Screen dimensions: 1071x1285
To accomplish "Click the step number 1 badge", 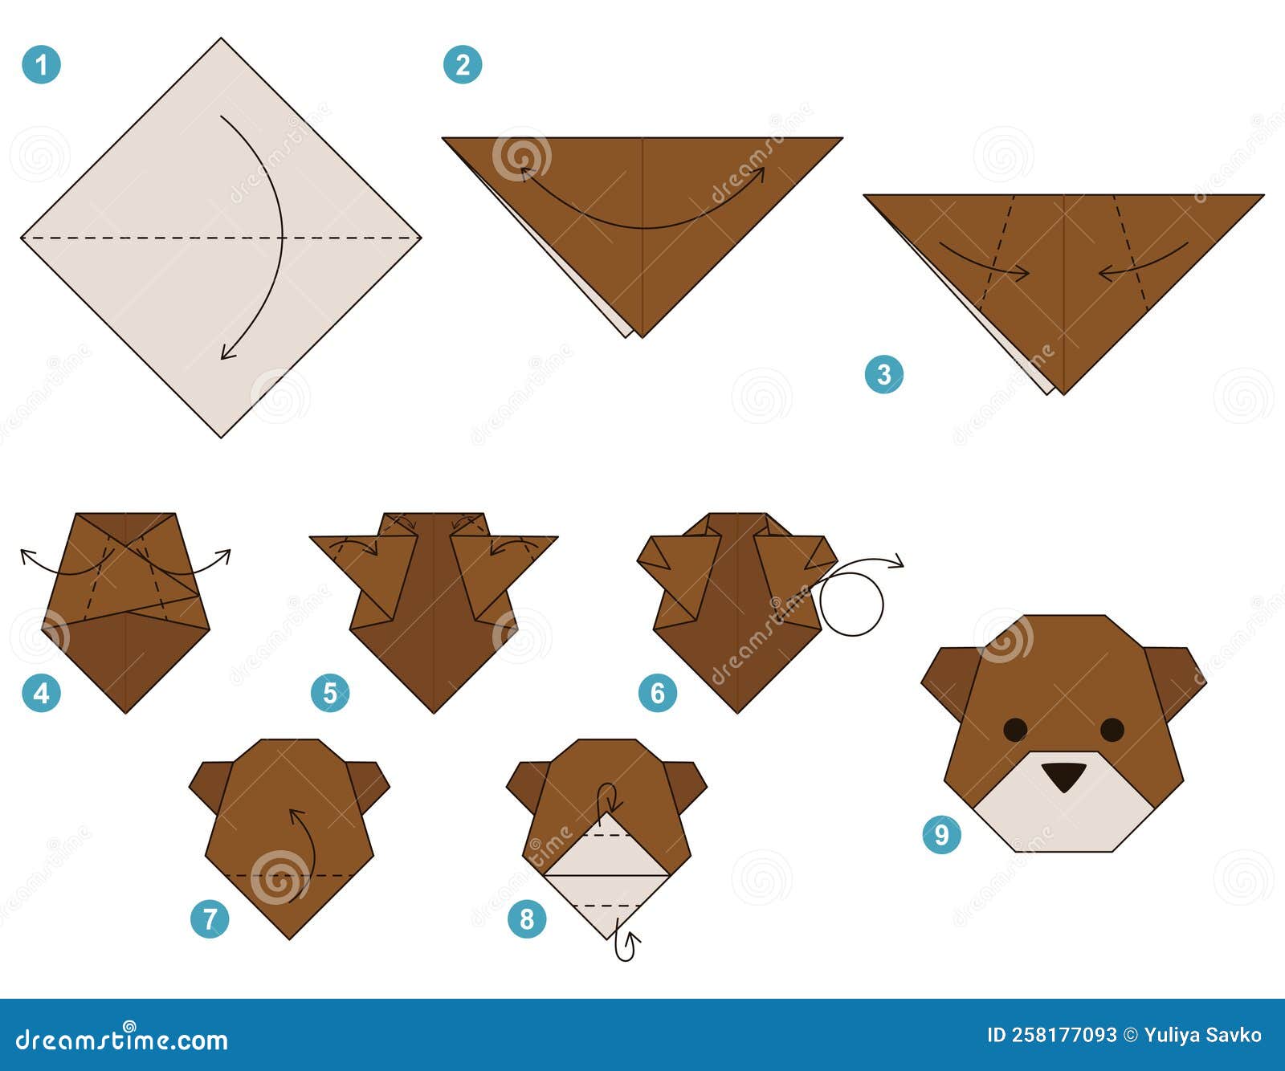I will [41, 64].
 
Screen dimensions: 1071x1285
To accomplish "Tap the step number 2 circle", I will [463, 64].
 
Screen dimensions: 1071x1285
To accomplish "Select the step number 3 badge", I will [883, 374].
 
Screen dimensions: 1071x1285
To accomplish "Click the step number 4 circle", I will [41, 693].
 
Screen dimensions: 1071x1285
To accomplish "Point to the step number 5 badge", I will [330, 693].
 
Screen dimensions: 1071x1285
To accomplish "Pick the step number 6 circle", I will [658, 693].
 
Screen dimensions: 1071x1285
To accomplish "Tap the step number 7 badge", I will [210, 918].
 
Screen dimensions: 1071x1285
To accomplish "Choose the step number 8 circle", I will [527, 918].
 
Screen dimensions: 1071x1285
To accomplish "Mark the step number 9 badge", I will [941, 834].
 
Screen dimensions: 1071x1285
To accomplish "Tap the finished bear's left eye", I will [1015, 729].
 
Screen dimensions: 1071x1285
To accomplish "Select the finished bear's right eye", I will [1112, 729].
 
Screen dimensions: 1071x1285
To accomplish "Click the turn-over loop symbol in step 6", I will [851, 603].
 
